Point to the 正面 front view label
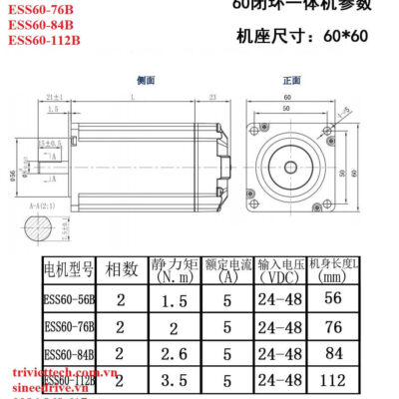pos(291,80)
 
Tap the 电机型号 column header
pos(68,269)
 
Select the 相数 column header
pos(122,269)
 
